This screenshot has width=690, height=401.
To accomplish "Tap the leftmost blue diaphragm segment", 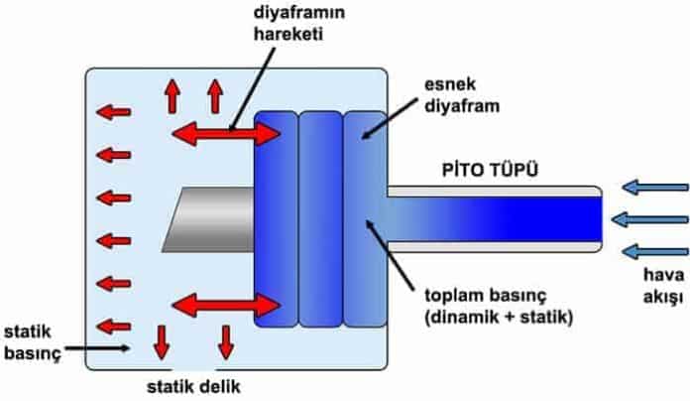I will click(275, 218).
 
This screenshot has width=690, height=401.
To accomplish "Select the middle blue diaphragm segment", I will click(319, 218).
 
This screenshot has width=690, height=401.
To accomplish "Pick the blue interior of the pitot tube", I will click(496, 218).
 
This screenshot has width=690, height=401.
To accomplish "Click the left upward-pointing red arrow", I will click(172, 95).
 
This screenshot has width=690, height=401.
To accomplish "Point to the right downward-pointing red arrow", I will click(226, 339).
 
